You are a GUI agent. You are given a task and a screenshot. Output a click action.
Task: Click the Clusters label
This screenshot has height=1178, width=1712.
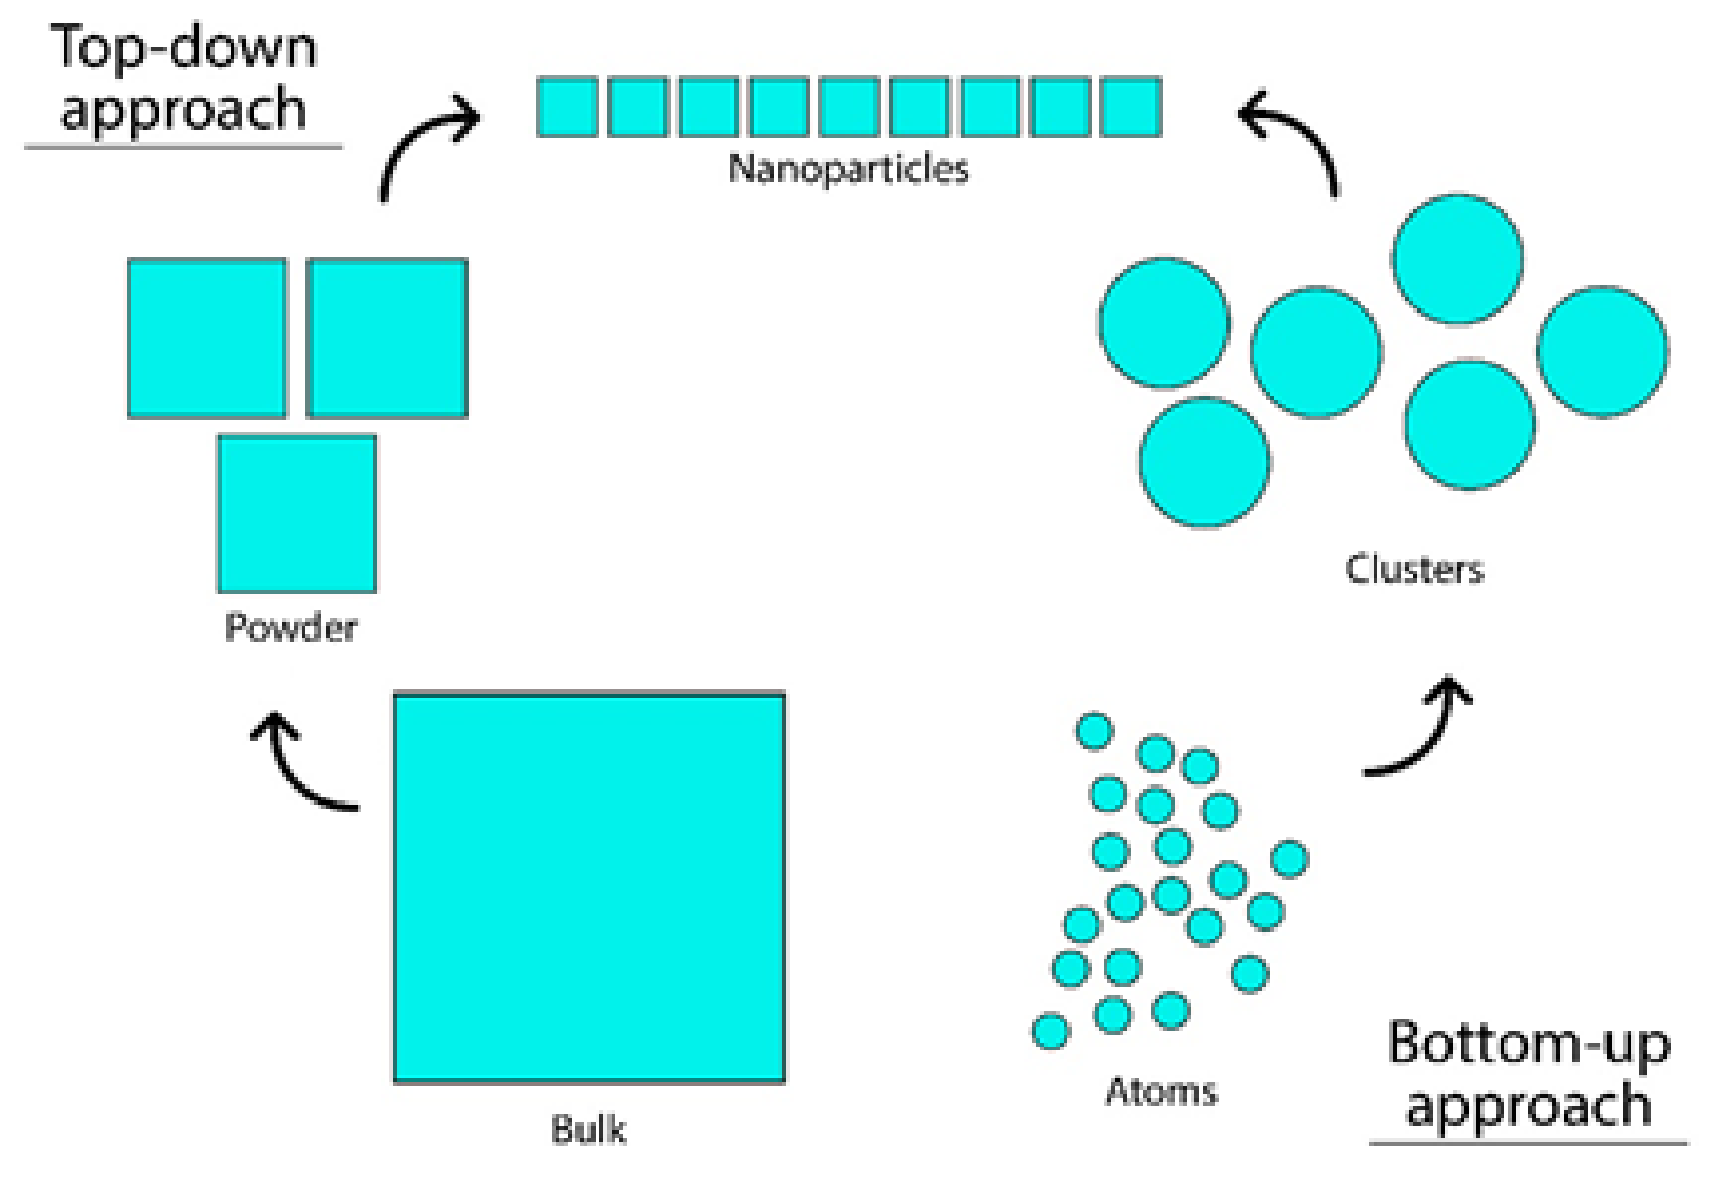click(x=1414, y=569)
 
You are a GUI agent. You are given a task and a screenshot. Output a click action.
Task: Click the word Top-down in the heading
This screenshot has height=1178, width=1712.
click(x=183, y=47)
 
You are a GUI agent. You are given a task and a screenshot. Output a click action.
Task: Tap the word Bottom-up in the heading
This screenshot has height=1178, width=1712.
click(x=1528, y=1043)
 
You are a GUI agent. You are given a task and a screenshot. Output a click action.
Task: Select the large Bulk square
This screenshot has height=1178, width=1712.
click(x=589, y=888)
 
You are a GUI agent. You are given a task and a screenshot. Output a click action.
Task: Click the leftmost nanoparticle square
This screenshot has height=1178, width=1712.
click(x=567, y=107)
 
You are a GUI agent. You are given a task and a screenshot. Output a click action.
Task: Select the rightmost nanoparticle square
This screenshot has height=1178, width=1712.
click(x=1130, y=107)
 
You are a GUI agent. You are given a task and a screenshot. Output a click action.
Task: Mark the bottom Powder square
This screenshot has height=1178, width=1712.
click(x=297, y=513)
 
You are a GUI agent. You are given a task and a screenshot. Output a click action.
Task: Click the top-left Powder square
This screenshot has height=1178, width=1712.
click(x=207, y=338)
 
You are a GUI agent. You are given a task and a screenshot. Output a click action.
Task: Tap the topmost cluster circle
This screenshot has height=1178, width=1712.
click(x=1457, y=259)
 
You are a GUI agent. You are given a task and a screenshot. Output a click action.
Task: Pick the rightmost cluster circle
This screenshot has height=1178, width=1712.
click(x=1602, y=352)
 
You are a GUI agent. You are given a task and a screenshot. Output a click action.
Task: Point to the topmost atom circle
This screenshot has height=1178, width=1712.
click(x=1093, y=731)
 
